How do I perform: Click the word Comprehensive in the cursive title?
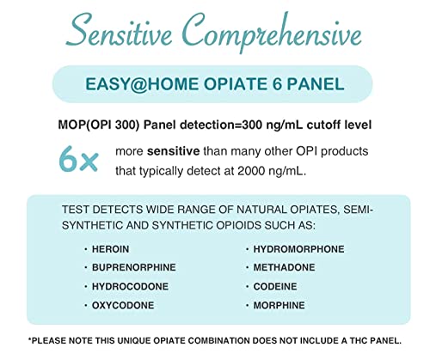point(277,36)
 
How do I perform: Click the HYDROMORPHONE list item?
point(298,249)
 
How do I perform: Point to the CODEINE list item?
point(276,287)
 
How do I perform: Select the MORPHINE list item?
point(279,305)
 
